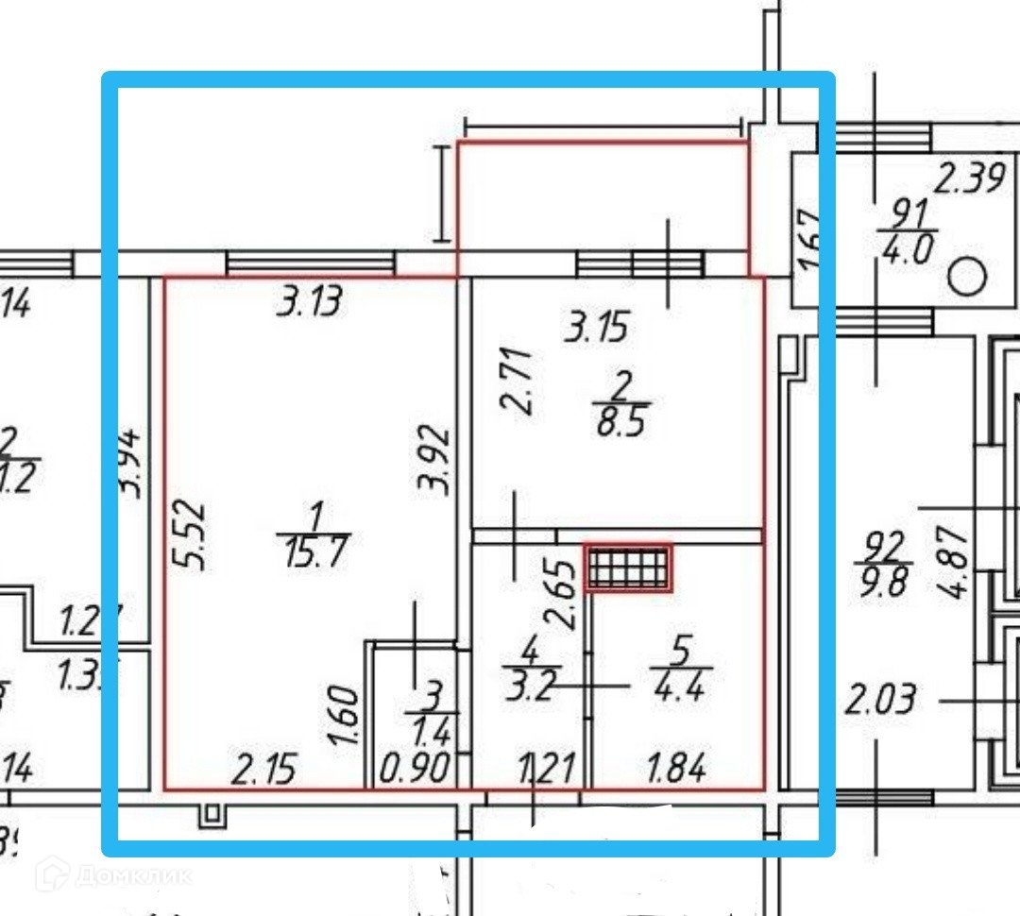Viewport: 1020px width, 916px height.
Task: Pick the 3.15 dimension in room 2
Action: click(x=596, y=329)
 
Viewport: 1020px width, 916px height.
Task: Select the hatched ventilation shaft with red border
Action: click(x=628, y=568)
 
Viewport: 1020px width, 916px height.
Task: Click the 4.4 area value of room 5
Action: click(x=681, y=682)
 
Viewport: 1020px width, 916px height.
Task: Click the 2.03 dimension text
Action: click(x=879, y=701)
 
